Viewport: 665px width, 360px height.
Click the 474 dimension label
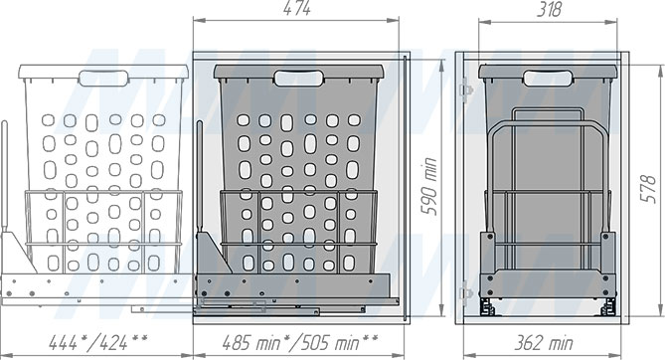click(x=297, y=9)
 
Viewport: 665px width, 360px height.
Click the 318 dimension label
click(x=550, y=9)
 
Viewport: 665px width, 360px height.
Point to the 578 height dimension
click(x=648, y=189)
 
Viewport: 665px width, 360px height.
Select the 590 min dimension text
click(x=428, y=186)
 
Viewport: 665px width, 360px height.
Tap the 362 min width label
click(x=544, y=342)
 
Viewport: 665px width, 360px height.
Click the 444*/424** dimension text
click(x=98, y=342)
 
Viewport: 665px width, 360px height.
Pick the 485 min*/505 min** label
click(x=300, y=342)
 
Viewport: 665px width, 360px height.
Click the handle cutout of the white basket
click(x=103, y=79)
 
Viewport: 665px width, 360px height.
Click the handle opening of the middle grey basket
click(x=299, y=79)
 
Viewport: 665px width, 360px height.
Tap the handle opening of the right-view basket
click(x=548, y=79)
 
